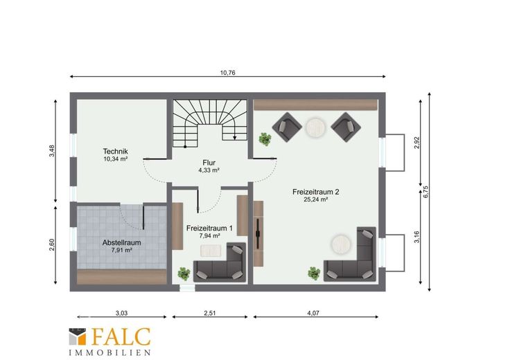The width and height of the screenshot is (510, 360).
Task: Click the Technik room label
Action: [116, 151]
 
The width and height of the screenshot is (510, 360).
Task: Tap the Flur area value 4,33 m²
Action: [209, 170]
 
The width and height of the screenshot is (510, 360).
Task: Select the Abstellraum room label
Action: [122, 242]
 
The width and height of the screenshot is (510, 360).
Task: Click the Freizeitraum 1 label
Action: [209, 228]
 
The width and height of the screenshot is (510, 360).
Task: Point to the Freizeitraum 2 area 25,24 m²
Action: [315, 199]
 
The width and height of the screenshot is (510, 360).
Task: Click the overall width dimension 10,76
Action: [228, 73]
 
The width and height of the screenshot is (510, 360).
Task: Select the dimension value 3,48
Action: [52, 151]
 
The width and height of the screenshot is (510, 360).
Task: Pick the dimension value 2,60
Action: [52, 245]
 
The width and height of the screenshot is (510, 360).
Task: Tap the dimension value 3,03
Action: [122, 313]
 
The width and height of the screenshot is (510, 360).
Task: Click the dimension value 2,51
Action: [210, 313]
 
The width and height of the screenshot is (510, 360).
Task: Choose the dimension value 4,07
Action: [313, 313]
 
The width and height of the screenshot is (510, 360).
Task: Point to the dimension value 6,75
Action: [426, 192]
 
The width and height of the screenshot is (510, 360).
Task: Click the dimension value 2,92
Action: [417, 143]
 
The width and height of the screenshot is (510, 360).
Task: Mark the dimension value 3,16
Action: [417, 237]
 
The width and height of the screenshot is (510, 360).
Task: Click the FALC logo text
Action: [121, 336]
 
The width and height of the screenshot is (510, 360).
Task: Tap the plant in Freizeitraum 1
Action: [184, 273]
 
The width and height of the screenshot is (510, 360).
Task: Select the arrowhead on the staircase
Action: [234, 138]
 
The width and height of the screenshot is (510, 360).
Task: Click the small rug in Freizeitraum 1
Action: [211, 251]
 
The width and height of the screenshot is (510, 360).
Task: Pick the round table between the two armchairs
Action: [315, 127]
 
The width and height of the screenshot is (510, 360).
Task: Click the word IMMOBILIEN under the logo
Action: [109, 352]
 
